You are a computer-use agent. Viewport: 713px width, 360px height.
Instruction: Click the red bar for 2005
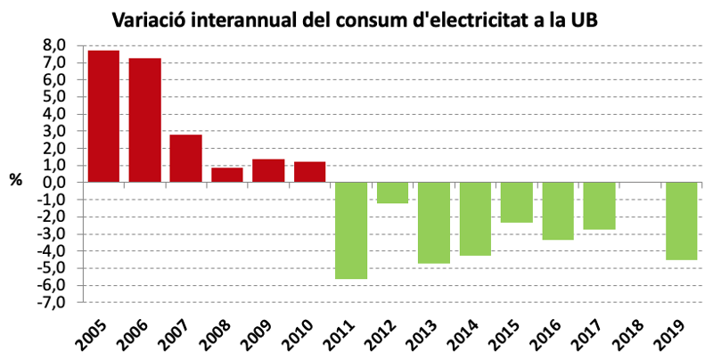point(103,116)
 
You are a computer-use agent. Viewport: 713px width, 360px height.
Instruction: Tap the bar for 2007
point(185,159)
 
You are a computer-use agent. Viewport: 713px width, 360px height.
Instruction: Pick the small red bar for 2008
point(227,175)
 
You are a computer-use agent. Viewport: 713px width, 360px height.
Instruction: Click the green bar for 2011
point(351,230)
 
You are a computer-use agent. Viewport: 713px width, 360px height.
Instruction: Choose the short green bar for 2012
point(392,192)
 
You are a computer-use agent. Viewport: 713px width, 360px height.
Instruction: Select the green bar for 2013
point(434,223)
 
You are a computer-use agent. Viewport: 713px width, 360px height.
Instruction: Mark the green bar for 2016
point(558,210)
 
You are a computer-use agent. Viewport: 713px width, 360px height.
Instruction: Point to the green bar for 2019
point(682,221)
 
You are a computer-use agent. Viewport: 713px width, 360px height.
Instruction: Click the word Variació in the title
point(148,19)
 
